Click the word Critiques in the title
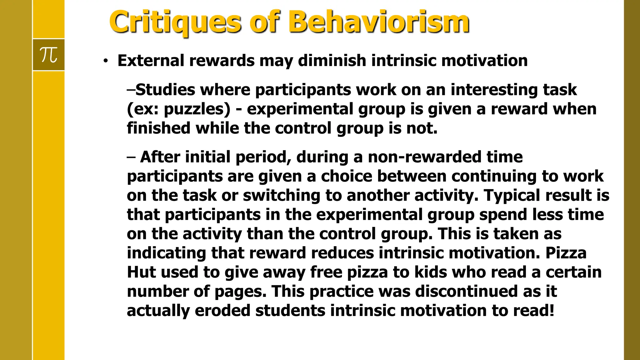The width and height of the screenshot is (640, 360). (175, 22)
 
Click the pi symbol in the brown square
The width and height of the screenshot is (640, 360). (49, 55)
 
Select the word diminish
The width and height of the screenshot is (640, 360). (332, 61)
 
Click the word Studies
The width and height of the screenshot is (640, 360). (165, 90)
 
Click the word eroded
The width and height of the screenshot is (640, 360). (222, 311)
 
